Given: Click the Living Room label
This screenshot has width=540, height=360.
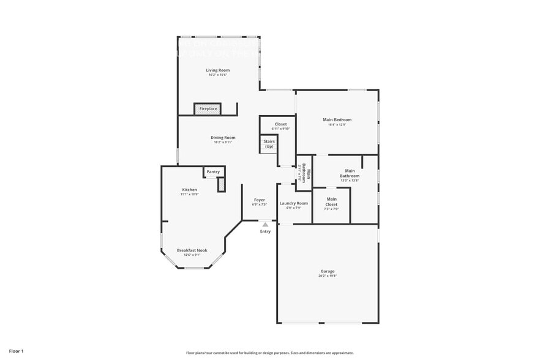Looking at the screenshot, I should [x=217, y=70].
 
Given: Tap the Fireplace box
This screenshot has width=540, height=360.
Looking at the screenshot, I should [x=208, y=109].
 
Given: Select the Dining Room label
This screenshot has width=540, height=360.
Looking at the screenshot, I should [x=223, y=138].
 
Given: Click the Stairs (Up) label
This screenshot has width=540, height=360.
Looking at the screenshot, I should [x=269, y=144].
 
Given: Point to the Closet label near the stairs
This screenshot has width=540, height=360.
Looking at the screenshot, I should [x=280, y=124].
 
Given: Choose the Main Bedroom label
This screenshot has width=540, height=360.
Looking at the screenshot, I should [x=337, y=120].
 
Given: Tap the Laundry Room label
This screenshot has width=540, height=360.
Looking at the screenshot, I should [x=293, y=203].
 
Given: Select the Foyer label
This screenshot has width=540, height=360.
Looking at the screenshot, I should [x=260, y=200].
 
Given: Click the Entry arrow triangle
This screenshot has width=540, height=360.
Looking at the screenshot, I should [x=265, y=225].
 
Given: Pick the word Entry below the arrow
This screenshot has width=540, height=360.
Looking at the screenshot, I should [x=265, y=231].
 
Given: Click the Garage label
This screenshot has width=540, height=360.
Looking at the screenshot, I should [x=328, y=271].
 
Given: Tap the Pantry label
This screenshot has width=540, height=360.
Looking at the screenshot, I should [x=213, y=172].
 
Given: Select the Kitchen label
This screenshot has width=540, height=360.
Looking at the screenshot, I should [x=190, y=190].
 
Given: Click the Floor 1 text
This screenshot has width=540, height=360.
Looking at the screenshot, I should [x=17, y=351].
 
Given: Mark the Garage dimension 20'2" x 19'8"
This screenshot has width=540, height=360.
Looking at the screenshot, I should [x=328, y=276].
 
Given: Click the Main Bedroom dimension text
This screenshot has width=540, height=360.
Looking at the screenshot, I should [x=337, y=125].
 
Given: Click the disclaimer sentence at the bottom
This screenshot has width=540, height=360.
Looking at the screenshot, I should [x=269, y=353].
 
